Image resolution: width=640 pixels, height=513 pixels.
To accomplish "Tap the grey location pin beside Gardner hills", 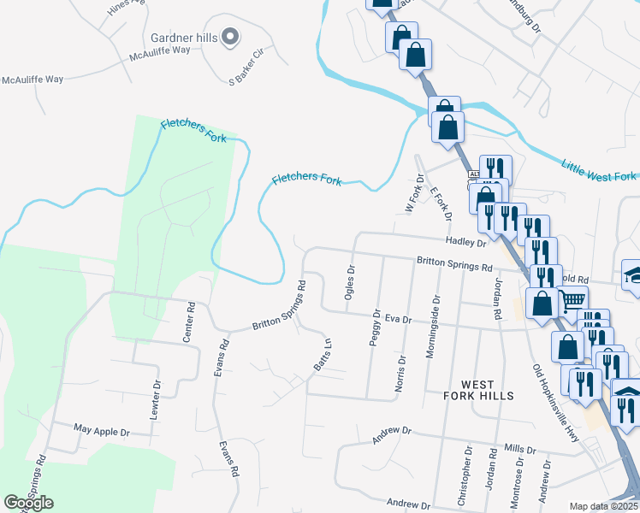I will pyautogui.click(x=229, y=37).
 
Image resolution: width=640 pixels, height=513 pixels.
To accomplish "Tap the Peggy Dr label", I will pyautogui.click(x=375, y=328).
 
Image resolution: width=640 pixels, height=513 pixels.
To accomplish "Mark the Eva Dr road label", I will pyautogui.click(x=399, y=319).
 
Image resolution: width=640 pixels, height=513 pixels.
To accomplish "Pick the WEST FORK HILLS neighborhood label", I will pyautogui.click(x=479, y=390).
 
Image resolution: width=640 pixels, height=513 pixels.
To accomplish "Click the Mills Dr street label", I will pyautogui.click(x=519, y=448).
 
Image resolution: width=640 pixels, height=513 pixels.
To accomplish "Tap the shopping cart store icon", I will pyautogui.click(x=572, y=300).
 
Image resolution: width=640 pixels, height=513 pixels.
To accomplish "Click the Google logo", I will pyautogui.click(x=28, y=502).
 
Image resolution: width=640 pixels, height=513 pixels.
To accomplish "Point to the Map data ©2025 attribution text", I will pyautogui.click(x=604, y=506).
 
